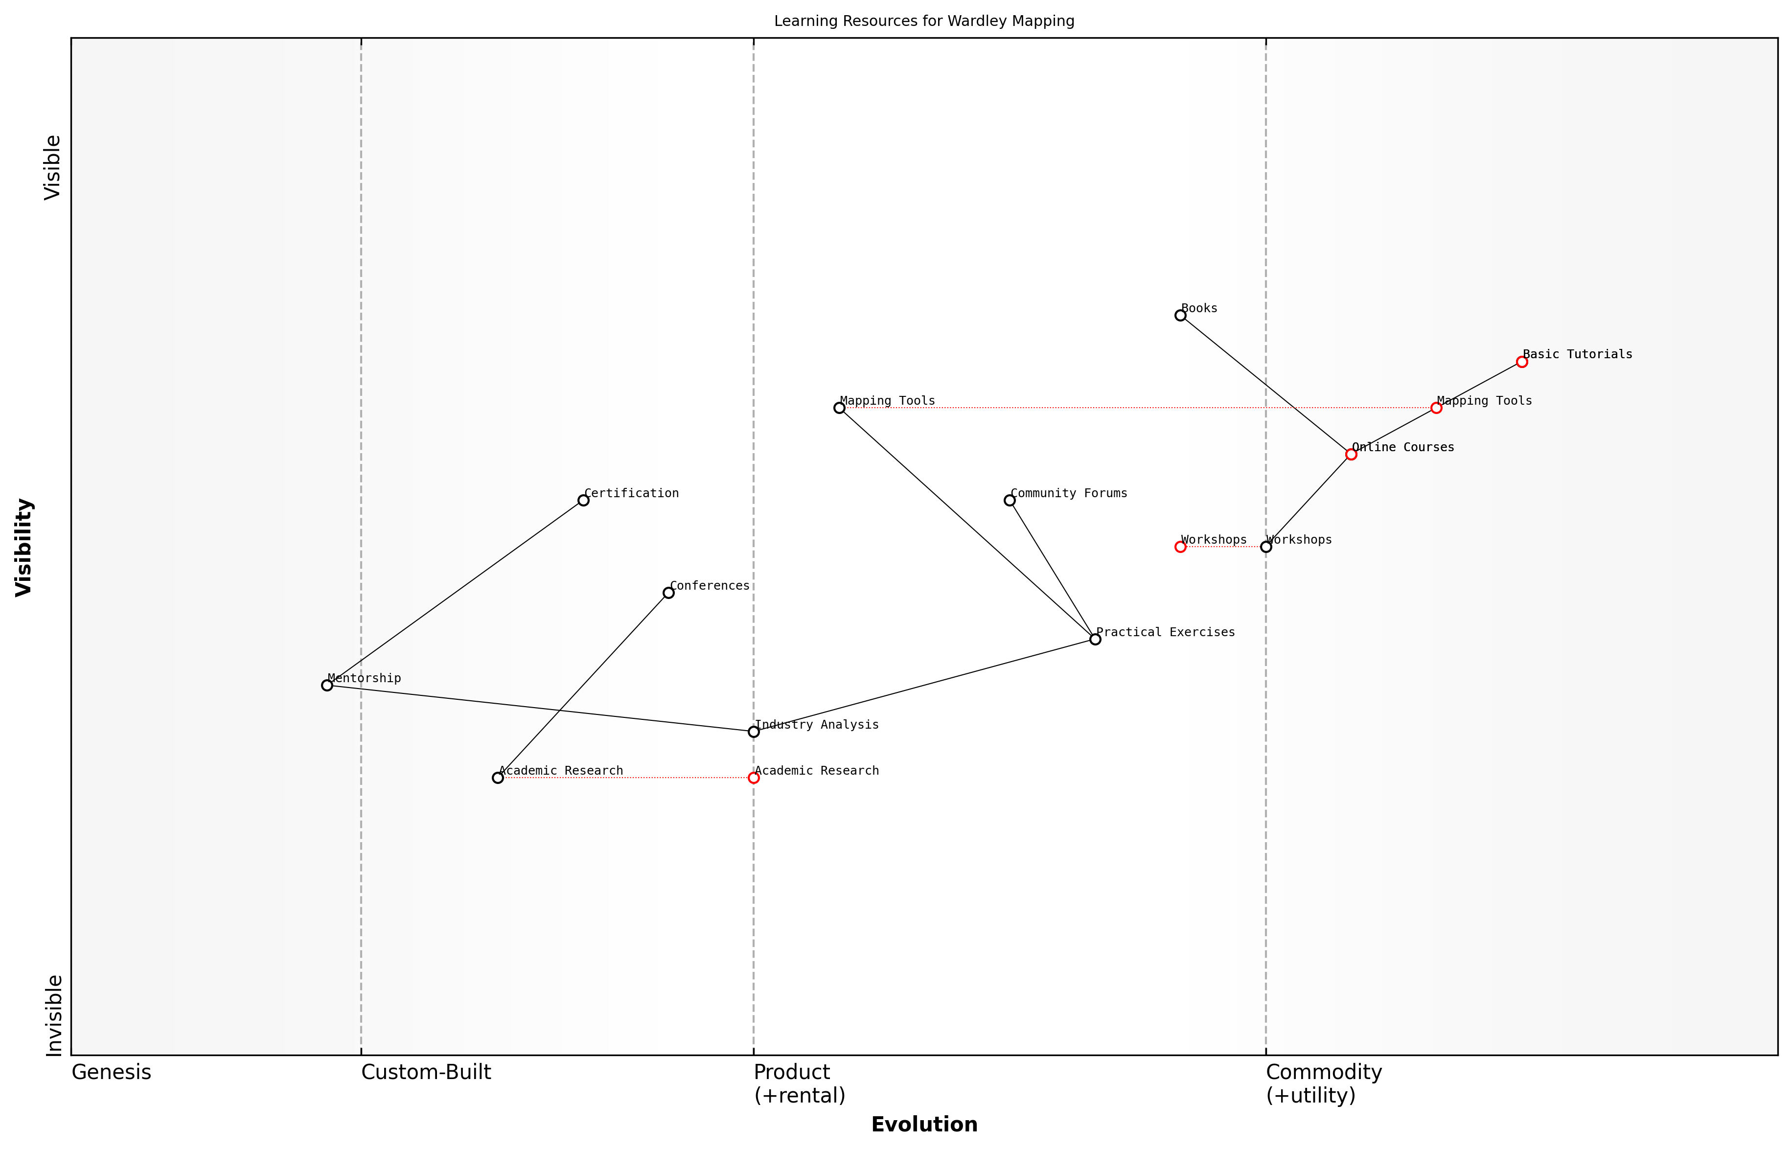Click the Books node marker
point(1180,315)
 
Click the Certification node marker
point(583,500)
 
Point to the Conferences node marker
point(668,593)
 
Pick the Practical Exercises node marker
point(1095,639)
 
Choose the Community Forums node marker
point(1010,500)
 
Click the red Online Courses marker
point(1351,454)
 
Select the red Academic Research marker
point(754,778)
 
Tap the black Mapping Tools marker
point(839,408)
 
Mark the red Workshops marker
point(1180,547)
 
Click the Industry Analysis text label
point(817,724)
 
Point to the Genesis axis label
point(111,1072)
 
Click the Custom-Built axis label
point(426,1072)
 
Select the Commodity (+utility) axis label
point(1323,1083)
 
